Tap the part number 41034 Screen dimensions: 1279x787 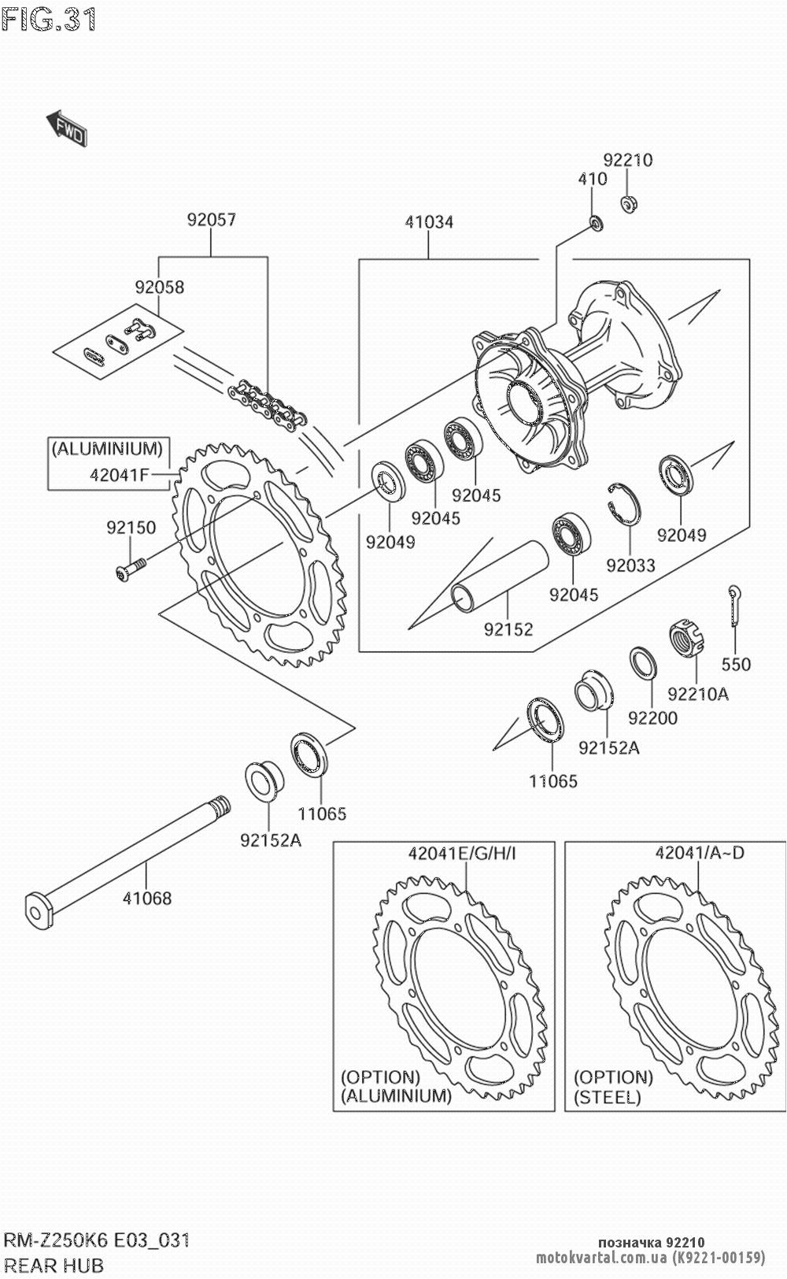click(x=429, y=222)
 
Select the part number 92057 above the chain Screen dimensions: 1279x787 click(x=211, y=220)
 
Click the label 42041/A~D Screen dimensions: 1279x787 click(x=699, y=853)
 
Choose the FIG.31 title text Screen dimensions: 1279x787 click(x=49, y=20)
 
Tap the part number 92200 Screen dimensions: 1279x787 click(x=652, y=718)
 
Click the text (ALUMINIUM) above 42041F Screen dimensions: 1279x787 click(x=107, y=450)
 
